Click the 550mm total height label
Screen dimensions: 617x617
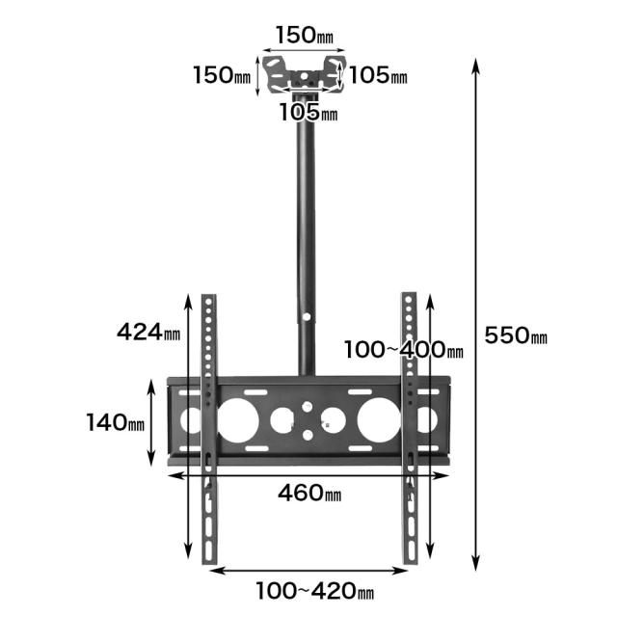[x=516, y=335]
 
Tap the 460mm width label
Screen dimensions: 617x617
[x=309, y=493]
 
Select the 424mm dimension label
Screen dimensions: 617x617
[x=148, y=332]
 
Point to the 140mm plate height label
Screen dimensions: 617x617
[x=116, y=422]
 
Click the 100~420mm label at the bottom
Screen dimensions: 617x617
[x=315, y=591]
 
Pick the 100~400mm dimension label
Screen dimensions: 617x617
[x=404, y=349]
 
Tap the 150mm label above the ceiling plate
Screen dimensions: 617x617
[x=305, y=35]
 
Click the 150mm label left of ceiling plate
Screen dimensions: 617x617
[x=222, y=75]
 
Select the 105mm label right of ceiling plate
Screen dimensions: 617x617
[x=378, y=75]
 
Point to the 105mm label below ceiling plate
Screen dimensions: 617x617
[x=308, y=112]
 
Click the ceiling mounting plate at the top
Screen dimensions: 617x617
[x=304, y=75]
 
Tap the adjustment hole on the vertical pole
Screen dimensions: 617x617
[x=307, y=316]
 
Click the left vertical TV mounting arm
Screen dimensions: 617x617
[x=209, y=429]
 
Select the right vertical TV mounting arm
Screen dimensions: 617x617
[x=409, y=428]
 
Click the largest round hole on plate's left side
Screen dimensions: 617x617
[x=238, y=420]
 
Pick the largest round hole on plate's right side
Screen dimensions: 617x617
[x=379, y=419]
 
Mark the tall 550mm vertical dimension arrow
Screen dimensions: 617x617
[x=475, y=314]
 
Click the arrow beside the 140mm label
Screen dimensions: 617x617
[x=151, y=422]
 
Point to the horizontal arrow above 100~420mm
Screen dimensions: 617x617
[x=308, y=570]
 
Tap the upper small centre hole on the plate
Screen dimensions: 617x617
[x=307, y=407]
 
